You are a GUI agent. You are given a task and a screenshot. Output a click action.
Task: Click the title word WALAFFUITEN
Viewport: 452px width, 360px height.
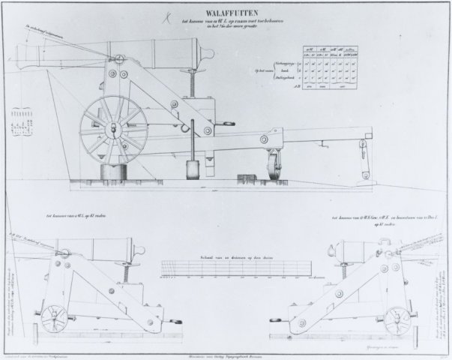(x=226, y=10)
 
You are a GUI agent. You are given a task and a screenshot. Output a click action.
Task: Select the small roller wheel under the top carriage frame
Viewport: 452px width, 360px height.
(x=270, y=167)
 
